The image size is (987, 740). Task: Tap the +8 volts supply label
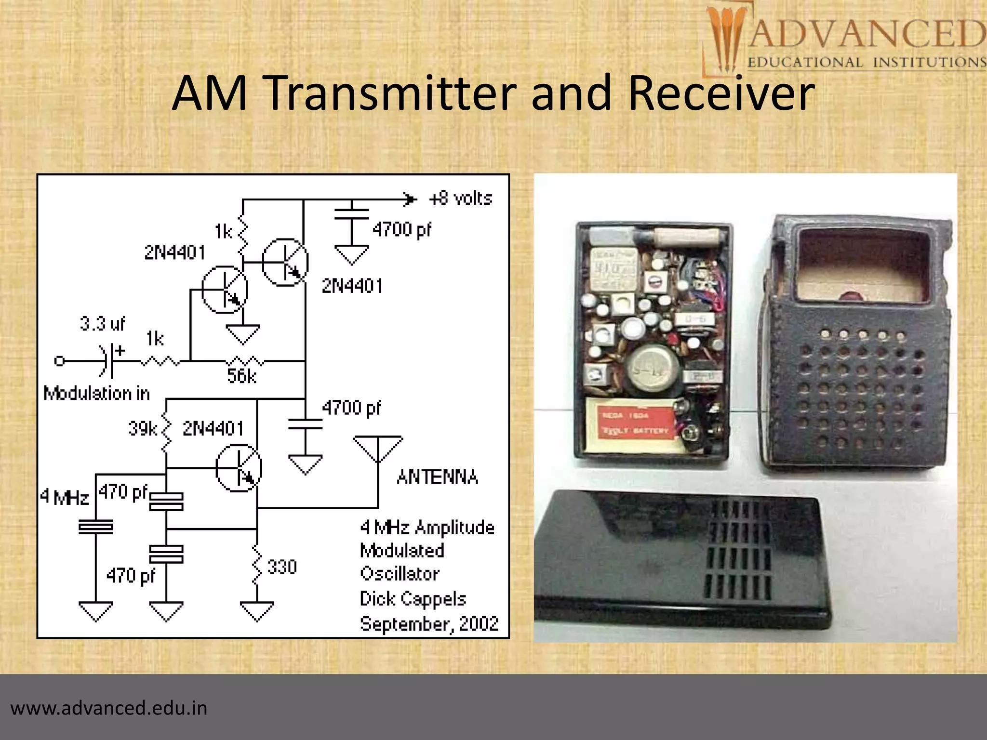pyautogui.click(x=461, y=198)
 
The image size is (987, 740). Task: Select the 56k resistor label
pyautogui.click(x=242, y=376)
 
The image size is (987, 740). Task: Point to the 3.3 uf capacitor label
pyautogui.click(x=102, y=323)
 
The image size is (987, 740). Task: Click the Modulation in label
pyautogui.click(x=96, y=394)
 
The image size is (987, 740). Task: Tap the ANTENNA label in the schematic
pyautogui.click(x=438, y=477)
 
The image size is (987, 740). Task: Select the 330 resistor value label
pyautogui.click(x=282, y=567)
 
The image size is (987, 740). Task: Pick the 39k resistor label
pyautogui.click(x=143, y=428)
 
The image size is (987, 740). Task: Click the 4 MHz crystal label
pyautogui.click(x=65, y=497)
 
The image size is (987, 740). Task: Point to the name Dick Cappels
pyautogui.click(x=413, y=599)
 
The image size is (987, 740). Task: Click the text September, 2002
pyautogui.click(x=429, y=624)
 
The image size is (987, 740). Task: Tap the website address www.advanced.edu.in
pyautogui.click(x=109, y=708)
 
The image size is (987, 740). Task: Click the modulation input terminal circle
pyautogui.click(x=59, y=361)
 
